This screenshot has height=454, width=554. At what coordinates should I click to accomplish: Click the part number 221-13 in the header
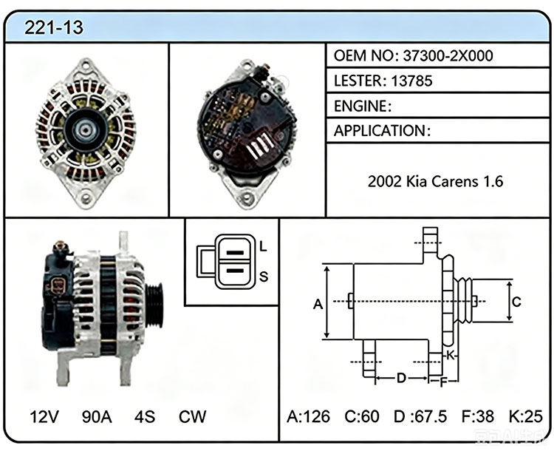point(54,27)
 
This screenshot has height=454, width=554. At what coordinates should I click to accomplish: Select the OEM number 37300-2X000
point(448,55)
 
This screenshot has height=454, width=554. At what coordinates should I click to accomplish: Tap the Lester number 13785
point(411,81)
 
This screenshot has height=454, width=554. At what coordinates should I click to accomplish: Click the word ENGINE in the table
point(360,106)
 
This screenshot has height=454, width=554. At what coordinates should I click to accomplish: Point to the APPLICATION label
point(380,131)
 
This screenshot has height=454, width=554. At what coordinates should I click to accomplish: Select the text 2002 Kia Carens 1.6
point(435,181)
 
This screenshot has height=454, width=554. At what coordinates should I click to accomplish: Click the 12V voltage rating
point(44,416)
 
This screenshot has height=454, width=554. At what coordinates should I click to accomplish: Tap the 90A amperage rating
point(97,416)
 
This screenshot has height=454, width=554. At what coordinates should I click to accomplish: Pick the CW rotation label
point(192,416)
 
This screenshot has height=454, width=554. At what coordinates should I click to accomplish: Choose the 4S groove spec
point(145,416)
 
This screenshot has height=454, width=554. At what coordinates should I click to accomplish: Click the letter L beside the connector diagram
point(263,246)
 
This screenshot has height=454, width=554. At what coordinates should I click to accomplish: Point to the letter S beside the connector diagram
point(264,276)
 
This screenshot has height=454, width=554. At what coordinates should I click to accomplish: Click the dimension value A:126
point(308,416)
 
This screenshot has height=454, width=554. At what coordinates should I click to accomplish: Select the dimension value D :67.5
point(420,416)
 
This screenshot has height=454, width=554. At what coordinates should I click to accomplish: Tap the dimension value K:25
point(525,416)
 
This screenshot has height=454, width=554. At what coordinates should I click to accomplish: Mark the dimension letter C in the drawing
point(516,302)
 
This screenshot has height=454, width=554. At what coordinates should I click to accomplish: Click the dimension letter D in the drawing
point(401,378)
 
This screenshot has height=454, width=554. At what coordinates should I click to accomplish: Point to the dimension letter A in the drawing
point(318,304)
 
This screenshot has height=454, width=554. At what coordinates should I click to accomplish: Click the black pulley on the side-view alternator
point(154,305)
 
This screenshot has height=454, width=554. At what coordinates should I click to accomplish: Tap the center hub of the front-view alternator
point(85,130)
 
